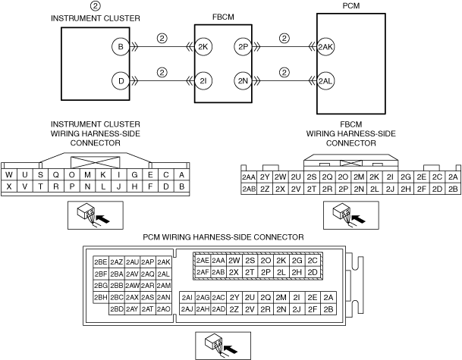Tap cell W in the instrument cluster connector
[x=9, y=174]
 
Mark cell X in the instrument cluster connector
[x=9, y=186]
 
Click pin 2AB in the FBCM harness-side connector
[x=248, y=189]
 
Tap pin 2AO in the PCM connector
[x=163, y=309]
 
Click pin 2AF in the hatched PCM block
[x=203, y=271]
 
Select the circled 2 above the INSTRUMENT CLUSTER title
[x=95, y=5]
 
